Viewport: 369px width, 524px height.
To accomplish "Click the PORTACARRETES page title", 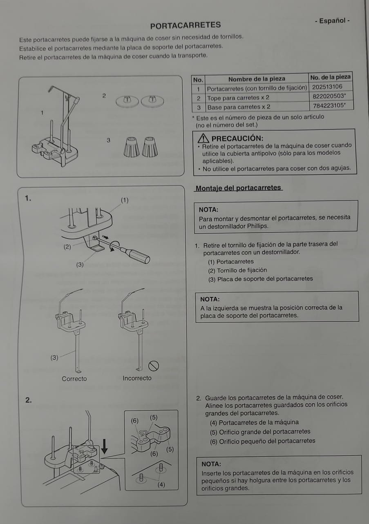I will click(185, 25).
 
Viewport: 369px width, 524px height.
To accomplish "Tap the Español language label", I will click(332, 20).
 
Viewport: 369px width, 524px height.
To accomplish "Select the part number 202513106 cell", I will click(327, 87).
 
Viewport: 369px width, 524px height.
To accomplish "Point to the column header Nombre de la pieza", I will click(256, 79).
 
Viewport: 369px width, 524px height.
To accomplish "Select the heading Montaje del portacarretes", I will click(238, 188).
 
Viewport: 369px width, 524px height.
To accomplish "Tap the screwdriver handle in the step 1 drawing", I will click(138, 256).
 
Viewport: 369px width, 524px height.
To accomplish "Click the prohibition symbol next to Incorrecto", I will click(154, 366).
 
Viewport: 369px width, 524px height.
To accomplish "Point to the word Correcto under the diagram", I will click(74, 379).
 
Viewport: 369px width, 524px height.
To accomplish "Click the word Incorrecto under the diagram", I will click(137, 378).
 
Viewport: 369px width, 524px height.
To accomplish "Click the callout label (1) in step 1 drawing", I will click(125, 200).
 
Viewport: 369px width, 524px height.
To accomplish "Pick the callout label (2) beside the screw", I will click(67, 247).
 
